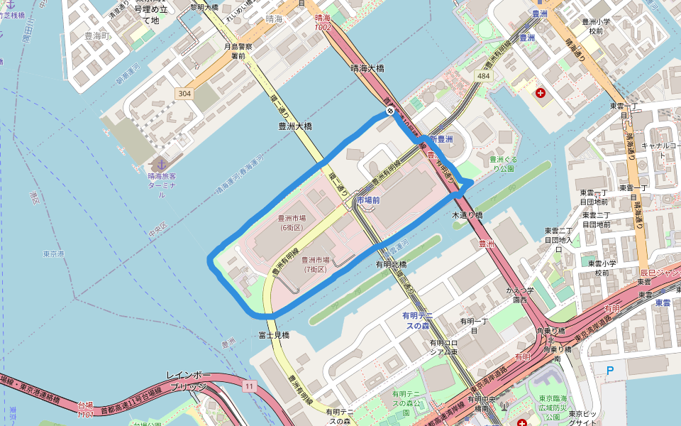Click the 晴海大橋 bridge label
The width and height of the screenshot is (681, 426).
(x=367, y=69)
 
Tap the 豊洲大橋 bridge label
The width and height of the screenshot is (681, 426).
(x=295, y=126)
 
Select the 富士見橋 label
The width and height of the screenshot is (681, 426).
(x=274, y=334)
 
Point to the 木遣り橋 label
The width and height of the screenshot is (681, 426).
(x=467, y=214)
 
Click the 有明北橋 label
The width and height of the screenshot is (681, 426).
(x=392, y=264)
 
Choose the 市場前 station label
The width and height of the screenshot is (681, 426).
(x=368, y=201)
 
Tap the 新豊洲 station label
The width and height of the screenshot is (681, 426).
(x=441, y=140)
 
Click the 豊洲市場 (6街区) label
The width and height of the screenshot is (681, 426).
(x=292, y=223)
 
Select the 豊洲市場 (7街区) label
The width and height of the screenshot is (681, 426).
(x=316, y=265)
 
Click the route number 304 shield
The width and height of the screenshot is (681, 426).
(x=185, y=94)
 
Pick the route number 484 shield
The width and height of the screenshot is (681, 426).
(x=484, y=75)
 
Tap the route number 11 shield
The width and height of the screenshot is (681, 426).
(x=249, y=386)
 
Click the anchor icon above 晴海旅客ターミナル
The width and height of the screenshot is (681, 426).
(x=160, y=164)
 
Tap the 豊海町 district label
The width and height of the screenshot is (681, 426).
(x=97, y=33)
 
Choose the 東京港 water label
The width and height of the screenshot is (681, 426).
(x=53, y=253)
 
